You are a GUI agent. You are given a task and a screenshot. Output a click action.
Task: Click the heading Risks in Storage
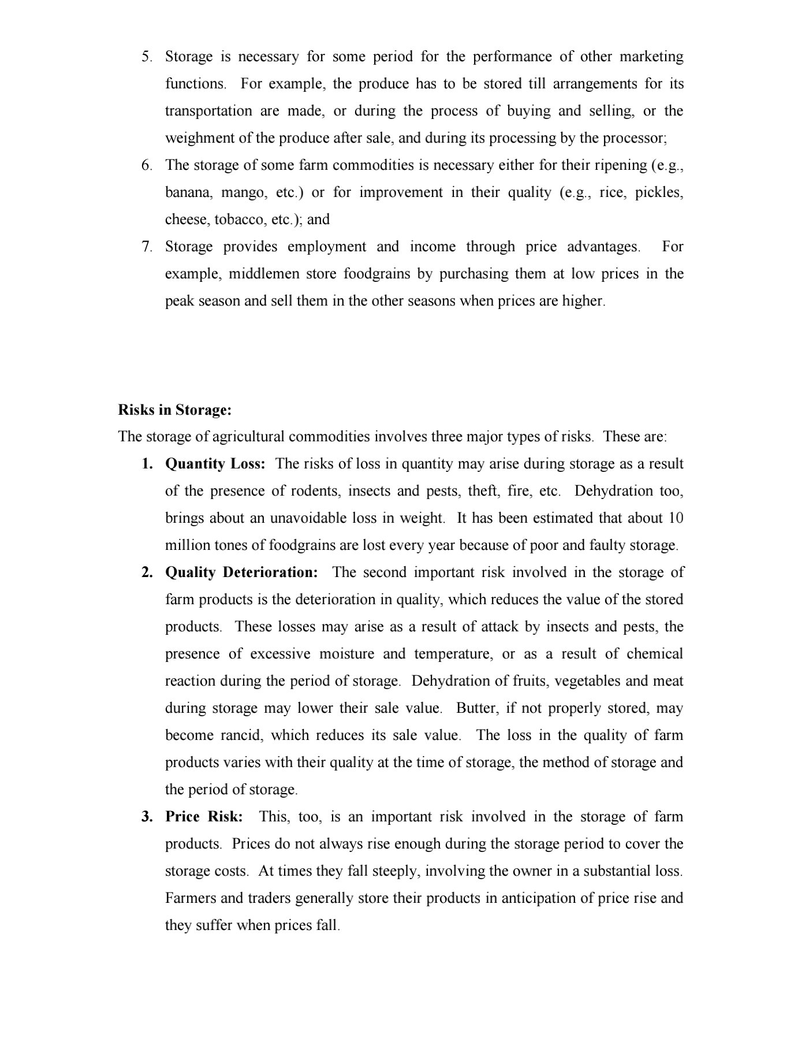(174, 410)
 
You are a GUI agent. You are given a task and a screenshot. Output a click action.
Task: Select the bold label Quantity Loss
(215, 464)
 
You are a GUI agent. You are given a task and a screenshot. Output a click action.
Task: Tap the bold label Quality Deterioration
(241, 572)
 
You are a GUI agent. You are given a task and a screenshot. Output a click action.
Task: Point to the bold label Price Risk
(204, 817)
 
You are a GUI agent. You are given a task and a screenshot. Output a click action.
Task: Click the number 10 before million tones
(676, 518)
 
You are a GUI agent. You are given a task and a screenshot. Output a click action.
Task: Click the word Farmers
(192, 898)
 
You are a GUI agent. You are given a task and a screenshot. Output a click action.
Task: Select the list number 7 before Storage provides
(146, 247)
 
